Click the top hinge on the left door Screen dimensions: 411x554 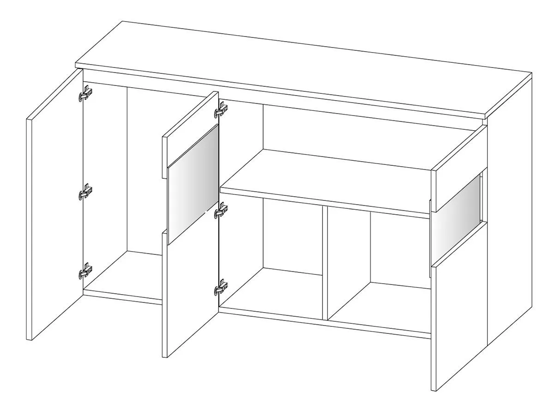click(85, 93)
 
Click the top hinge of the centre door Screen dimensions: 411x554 click(222, 109)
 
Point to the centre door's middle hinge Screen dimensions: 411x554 click(222, 210)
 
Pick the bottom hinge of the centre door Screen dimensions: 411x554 click(222, 288)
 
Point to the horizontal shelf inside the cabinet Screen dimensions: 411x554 click(323, 180)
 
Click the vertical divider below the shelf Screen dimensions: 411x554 click(325, 263)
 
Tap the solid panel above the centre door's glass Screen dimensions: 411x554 click(189, 134)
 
